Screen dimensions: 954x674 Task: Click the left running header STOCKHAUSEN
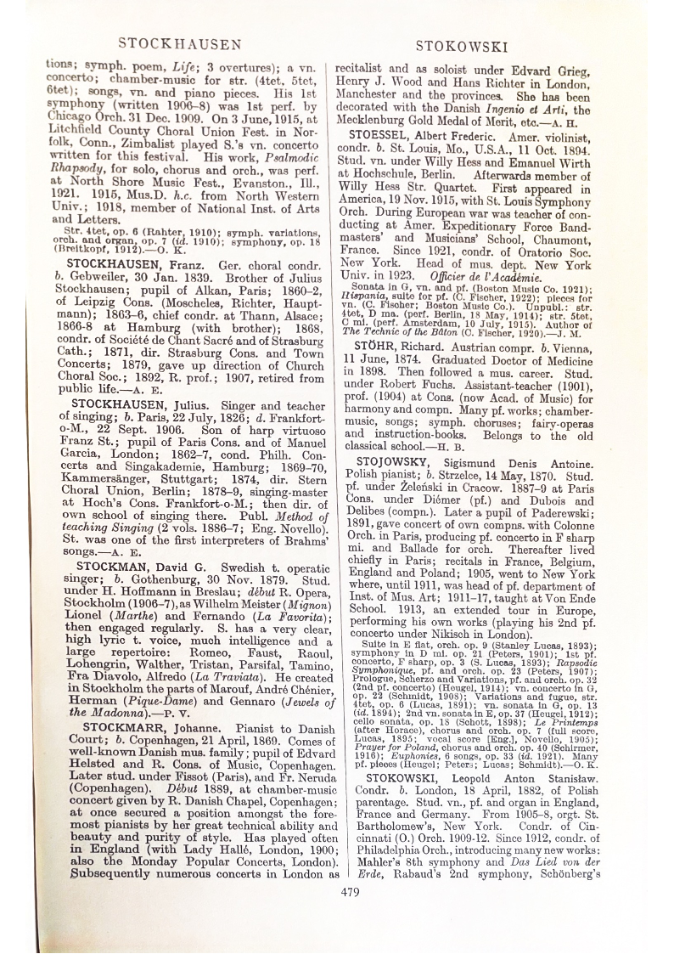(x=179, y=42)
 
